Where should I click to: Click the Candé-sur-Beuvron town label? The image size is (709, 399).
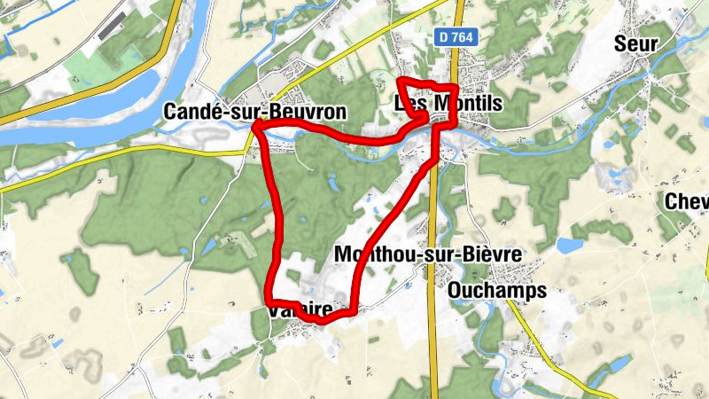[x=253, y=112]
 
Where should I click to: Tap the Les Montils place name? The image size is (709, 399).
[x=448, y=104]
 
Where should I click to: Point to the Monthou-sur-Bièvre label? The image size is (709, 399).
[x=426, y=254]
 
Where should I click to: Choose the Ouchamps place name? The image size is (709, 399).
[x=497, y=290]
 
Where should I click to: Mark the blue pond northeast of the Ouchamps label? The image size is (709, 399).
[x=570, y=245]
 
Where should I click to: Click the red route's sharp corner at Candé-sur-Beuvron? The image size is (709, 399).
[x=257, y=128]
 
